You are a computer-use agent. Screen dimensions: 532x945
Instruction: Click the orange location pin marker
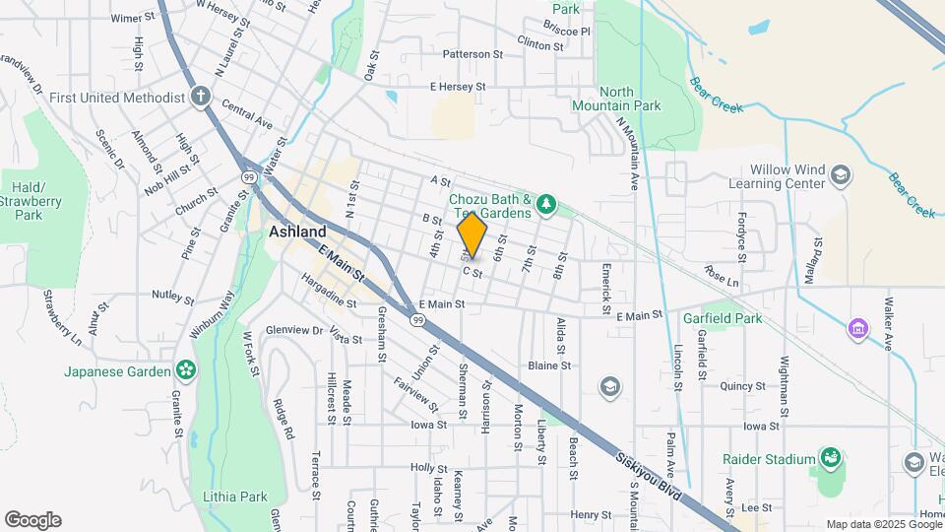tap(472, 235)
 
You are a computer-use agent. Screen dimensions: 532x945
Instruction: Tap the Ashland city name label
tap(297, 232)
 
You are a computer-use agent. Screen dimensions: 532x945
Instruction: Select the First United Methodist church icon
tap(201, 97)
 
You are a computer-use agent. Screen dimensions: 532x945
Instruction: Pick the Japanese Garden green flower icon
tap(184, 370)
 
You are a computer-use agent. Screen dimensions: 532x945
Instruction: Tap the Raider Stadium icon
tap(831, 458)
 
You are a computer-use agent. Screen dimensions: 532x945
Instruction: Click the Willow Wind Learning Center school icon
tap(840, 175)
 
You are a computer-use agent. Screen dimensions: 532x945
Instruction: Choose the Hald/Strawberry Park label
tap(30, 201)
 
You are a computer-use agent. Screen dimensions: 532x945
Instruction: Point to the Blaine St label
tap(549, 366)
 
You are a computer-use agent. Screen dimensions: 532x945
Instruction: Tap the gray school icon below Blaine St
tap(610, 386)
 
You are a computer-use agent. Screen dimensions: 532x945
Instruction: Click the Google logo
tap(32, 519)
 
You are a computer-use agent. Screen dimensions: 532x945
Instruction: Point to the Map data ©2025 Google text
tap(883, 524)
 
